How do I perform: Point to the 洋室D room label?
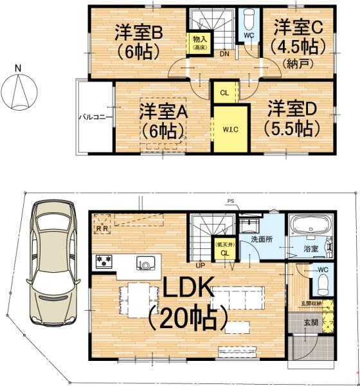pyautogui.click(x=291, y=116)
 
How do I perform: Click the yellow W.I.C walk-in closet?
pyautogui.click(x=230, y=128)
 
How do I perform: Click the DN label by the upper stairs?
pyautogui.click(x=224, y=54)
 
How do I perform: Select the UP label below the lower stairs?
pyautogui.click(x=201, y=264)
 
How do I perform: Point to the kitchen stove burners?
pyautogui.click(x=104, y=261)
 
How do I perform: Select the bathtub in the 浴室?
pyautogui.click(x=309, y=228)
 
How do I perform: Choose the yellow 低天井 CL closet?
pyautogui.click(x=224, y=249)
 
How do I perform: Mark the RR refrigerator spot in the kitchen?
pyautogui.click(x=102, y=227)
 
